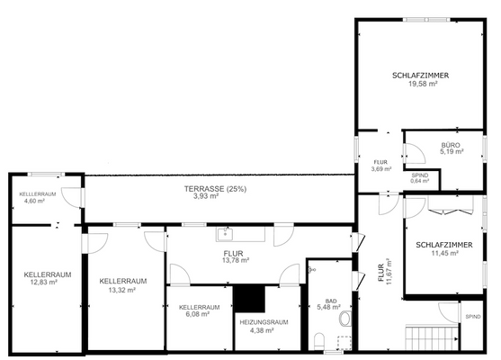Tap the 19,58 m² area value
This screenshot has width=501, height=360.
click(421, 84)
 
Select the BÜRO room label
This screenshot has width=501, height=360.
click(451, 145)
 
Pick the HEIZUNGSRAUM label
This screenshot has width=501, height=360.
click(263, 322)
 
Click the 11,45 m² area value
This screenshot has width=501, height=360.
click(437, 253)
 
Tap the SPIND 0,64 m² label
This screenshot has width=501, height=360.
click(420, 177)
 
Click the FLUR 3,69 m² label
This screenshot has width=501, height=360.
click(380, 165)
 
